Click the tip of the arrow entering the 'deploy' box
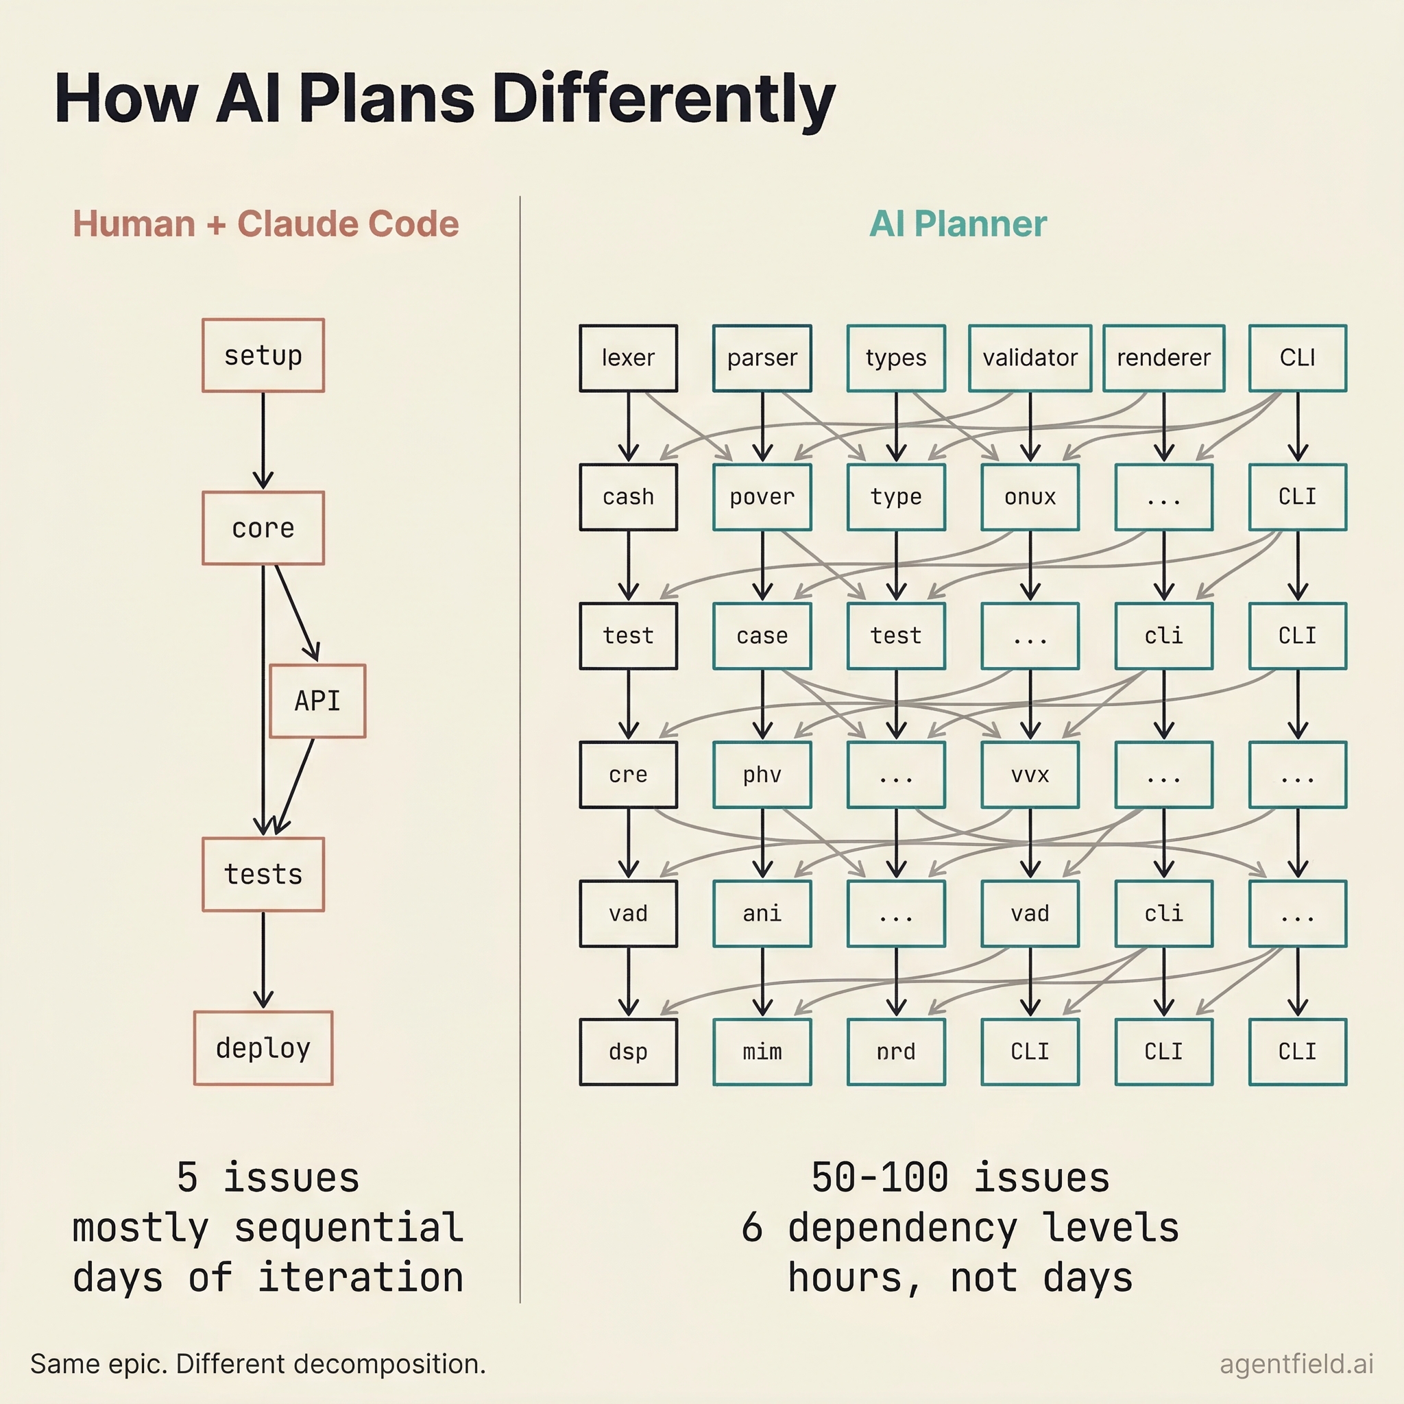263,1008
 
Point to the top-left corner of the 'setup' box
203,319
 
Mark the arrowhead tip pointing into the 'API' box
317,661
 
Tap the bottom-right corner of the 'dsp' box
677,1085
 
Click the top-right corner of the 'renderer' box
1224,325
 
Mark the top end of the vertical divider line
520,195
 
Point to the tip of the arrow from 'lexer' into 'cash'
629,461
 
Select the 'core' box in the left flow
263,529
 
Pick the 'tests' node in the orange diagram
263,874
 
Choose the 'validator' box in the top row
1030,359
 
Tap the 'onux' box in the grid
1030,497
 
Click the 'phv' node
762,775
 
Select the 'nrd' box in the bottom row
896,1052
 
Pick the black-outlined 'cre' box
629,775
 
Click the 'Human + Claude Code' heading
266,223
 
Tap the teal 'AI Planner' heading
958,223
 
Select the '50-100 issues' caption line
960,1178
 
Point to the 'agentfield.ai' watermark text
1296,1364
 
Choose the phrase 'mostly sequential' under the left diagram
267,1228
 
